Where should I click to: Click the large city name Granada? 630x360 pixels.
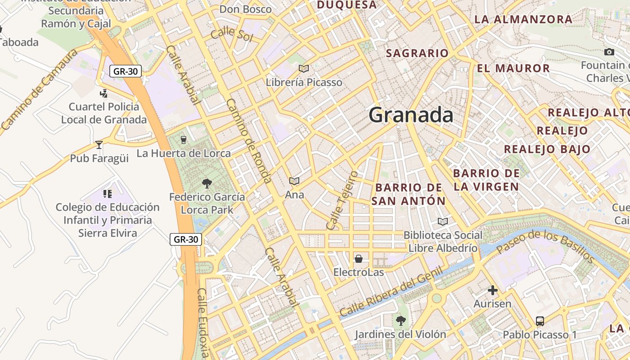(411, 115)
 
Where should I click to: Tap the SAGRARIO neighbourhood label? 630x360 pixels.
(417, 54)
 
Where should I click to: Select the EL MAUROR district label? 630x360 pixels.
(513, 68)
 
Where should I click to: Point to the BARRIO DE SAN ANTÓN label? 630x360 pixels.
(408, 194)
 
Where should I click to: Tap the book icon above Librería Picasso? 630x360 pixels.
(304, 69)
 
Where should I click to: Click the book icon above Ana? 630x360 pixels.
(294, 181)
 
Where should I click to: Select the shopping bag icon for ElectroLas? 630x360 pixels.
(359, 259)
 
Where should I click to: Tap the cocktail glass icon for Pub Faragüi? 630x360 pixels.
(99, 145)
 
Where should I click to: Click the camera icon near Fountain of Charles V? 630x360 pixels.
(609, 52)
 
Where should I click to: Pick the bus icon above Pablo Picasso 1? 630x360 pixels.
(540, 321)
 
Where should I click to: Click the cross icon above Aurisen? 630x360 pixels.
(493, 290)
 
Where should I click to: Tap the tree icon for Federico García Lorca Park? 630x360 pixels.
(207, 183)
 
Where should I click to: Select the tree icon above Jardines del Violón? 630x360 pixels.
(400, 321)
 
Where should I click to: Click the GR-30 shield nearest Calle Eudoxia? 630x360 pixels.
(186, 239)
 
